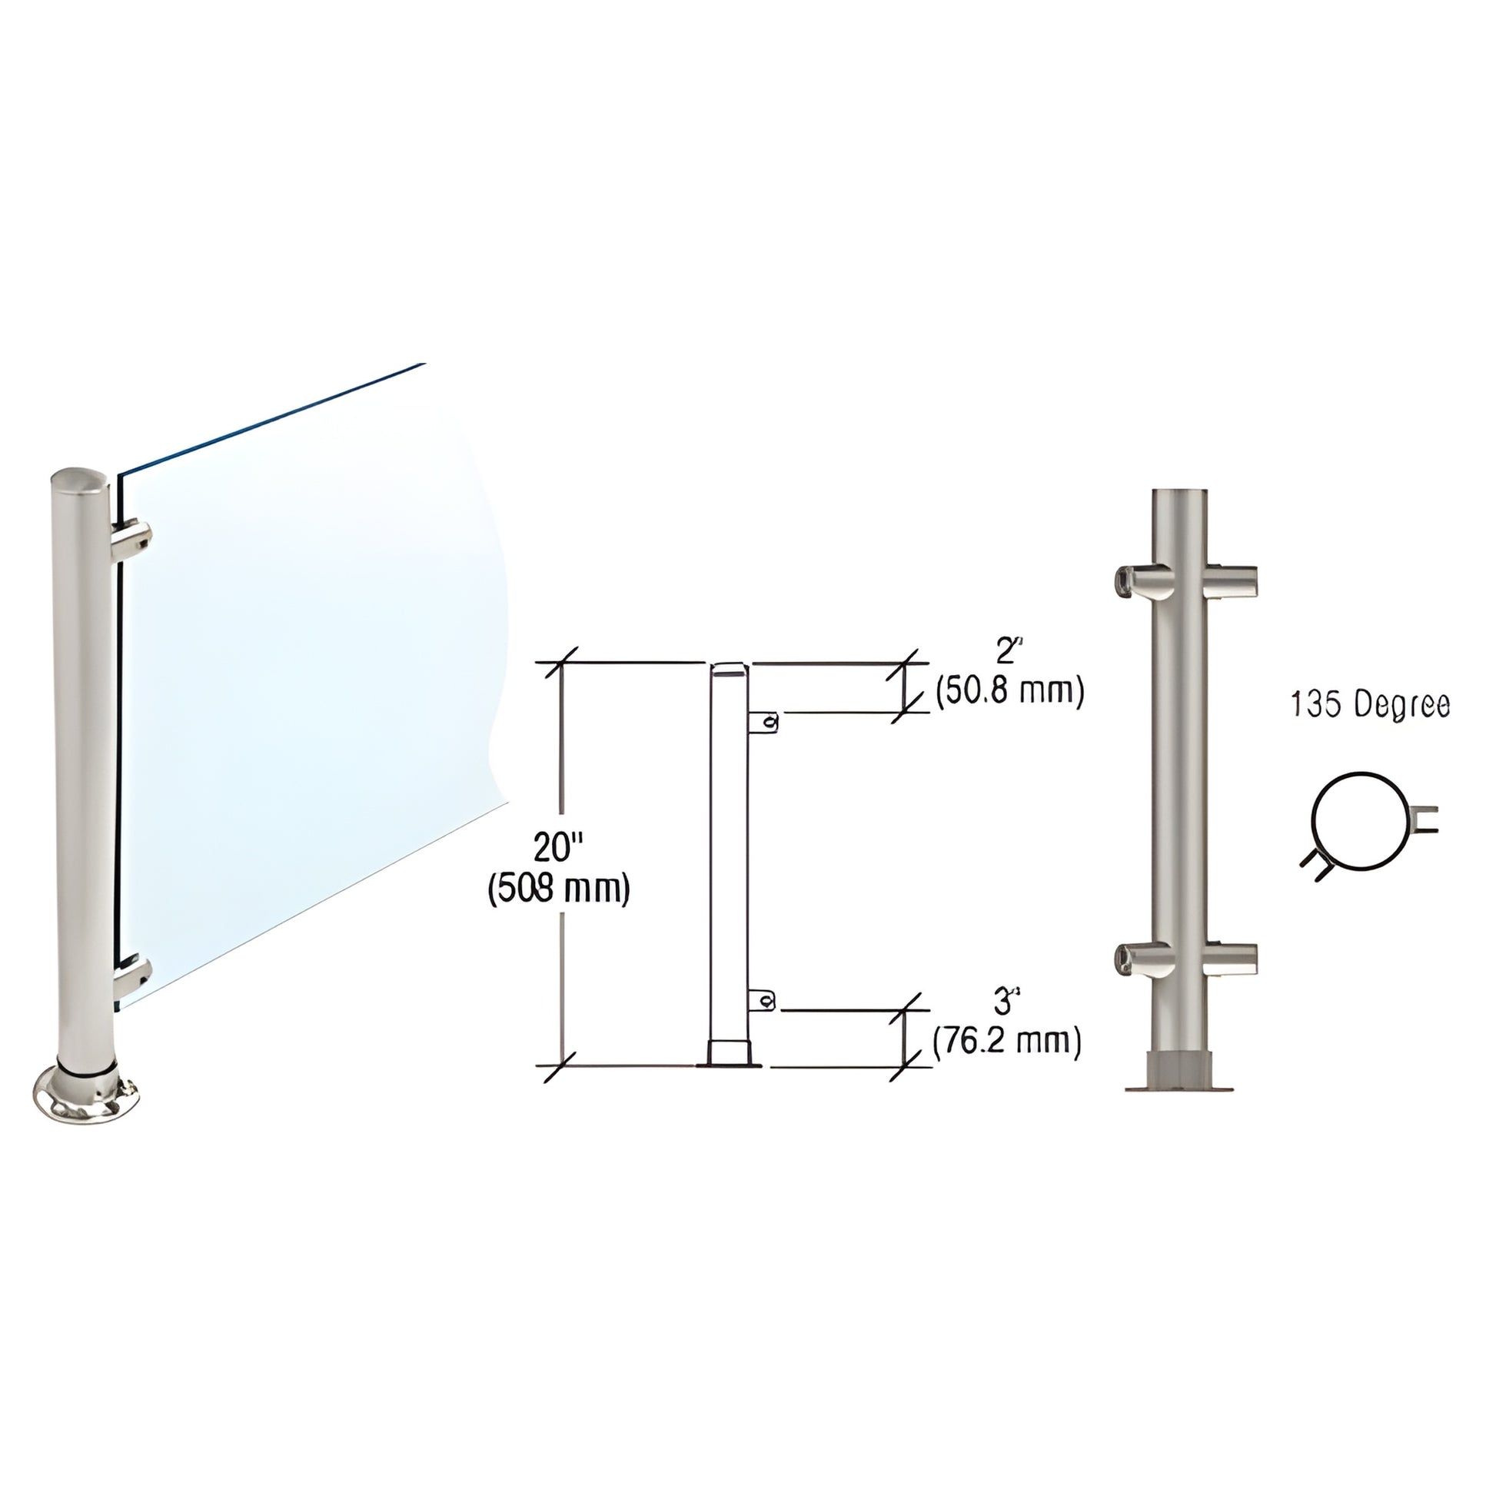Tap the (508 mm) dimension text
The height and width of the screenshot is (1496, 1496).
pos(558,889)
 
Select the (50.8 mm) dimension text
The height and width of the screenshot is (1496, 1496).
pos(1009,690)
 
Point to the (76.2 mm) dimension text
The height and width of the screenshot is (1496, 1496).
pos(1006,1042)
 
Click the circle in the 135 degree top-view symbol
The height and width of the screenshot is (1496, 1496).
pos(1358,823)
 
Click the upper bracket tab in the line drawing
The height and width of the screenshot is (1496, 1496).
pos(763,723)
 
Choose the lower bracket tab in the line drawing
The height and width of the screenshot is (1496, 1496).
pos(763,1002)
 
